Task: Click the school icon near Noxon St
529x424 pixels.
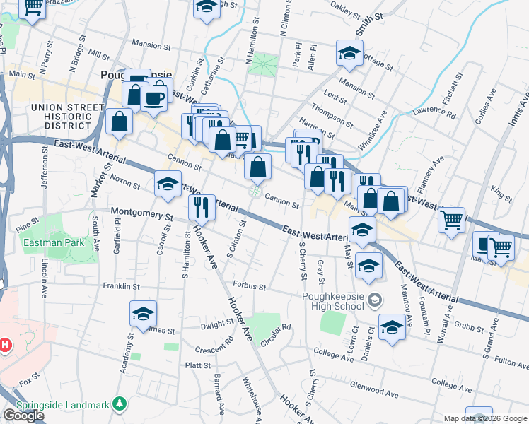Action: click(168, 184)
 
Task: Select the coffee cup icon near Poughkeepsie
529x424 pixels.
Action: click(153, 98)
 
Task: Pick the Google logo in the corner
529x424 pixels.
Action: click(24, 416)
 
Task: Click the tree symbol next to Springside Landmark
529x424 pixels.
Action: click(121, 404)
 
